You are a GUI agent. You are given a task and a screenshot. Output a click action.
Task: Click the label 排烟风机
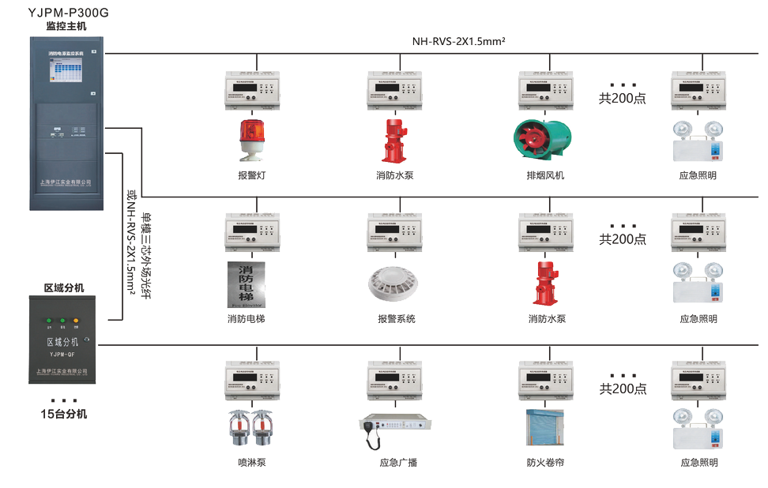coord(546,175)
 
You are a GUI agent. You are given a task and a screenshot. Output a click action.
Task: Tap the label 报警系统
coord(396,319)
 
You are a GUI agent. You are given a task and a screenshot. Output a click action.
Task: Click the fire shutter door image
coord(544,429)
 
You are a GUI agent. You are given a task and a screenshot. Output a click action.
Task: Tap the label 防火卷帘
coord(546,463)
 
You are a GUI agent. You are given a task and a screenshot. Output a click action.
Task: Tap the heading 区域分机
coord(63,287)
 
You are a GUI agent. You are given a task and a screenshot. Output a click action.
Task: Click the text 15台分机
coord(64,414)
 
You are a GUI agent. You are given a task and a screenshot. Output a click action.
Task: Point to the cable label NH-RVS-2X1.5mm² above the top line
coord(458,41)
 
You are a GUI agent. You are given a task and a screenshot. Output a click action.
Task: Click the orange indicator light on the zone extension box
coord(76,321)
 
